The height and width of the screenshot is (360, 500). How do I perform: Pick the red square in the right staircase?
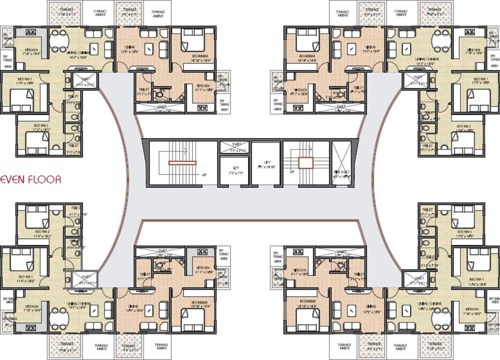coord(305,162)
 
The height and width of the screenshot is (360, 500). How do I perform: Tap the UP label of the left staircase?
coord(204,175)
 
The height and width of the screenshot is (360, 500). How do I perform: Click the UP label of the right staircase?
coord(291,171)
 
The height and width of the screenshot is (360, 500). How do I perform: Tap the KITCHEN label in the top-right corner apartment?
coord(473,50)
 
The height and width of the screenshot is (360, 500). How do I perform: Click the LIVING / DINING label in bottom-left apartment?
coord(77,304)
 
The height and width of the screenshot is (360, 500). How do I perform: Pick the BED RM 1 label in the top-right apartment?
coord(480,79)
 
